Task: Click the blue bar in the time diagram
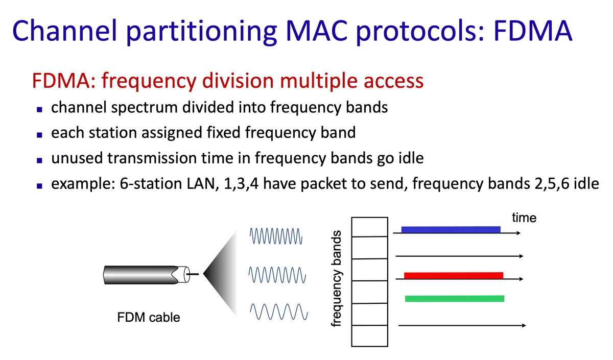(451, 229)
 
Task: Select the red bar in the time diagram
(453, 276)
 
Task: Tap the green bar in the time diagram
(454, 298)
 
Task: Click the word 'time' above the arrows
(524, 218)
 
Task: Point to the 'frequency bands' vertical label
(336, 279)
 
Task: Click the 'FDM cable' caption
(149, 317)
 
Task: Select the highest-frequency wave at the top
(276, 236)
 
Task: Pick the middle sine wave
(278, 274)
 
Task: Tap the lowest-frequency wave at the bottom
(278, 311)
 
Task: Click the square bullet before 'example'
(39, 184)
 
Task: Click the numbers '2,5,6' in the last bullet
(553, 183)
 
